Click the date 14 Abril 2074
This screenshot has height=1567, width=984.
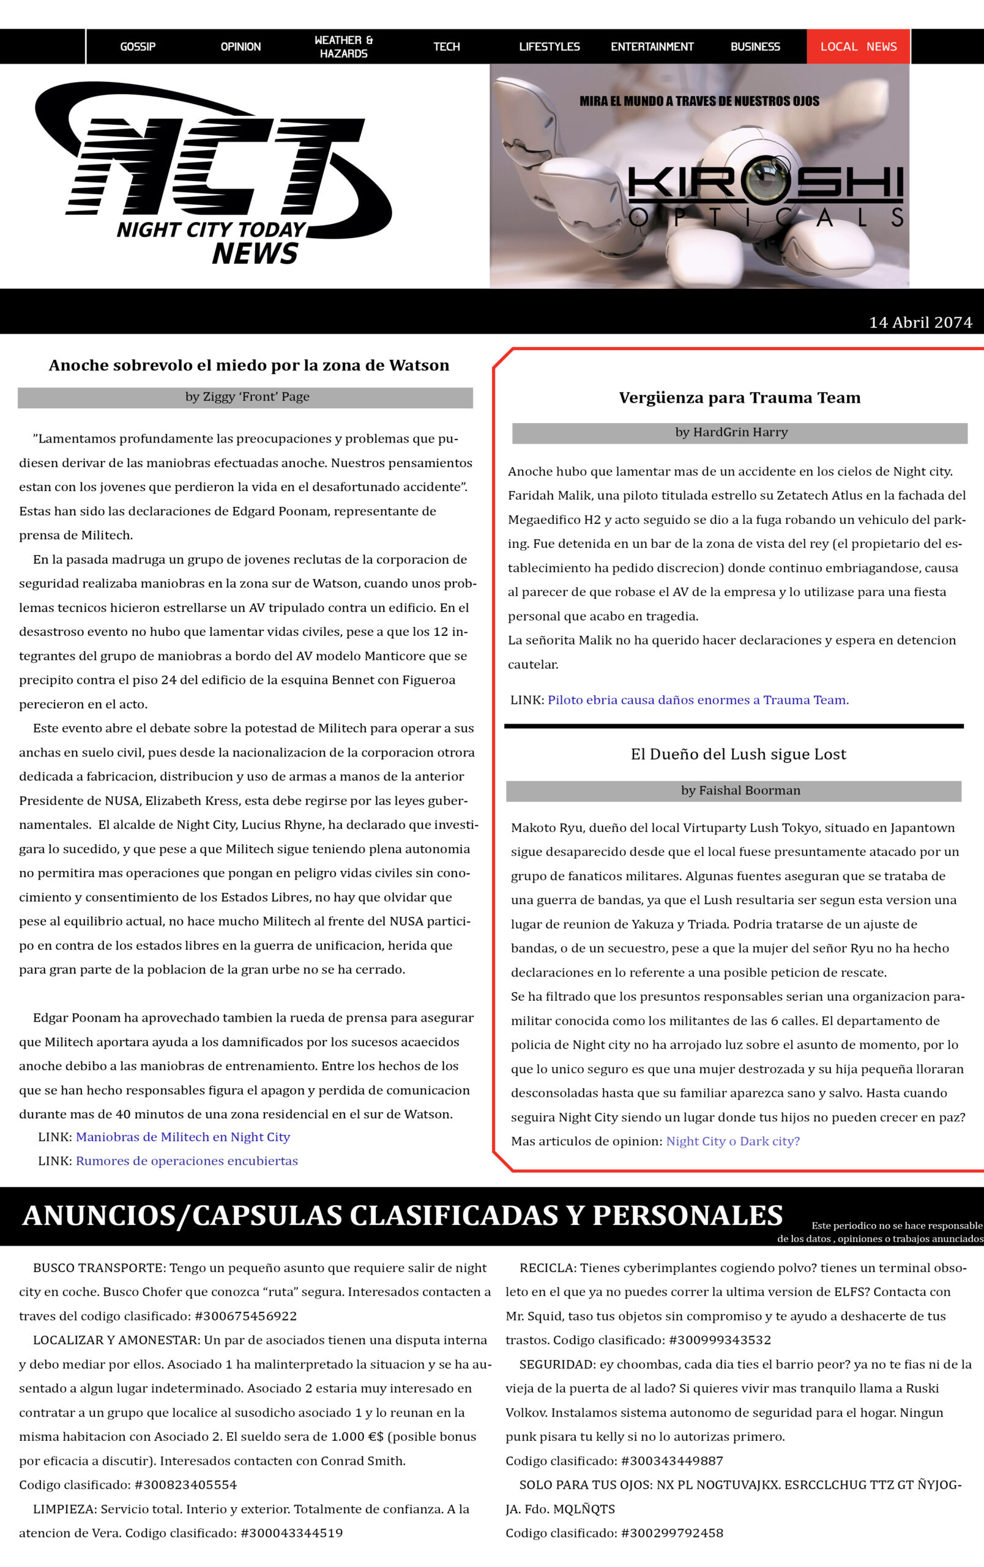coord(920,323)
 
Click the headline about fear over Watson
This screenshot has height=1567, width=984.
coord(248,365)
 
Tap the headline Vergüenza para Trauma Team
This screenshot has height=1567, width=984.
coord(739,398)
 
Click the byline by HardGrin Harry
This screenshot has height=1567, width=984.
coord(731,433)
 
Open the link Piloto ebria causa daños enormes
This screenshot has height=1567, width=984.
coord(698,700)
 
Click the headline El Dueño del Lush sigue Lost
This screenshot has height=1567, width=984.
coord(738,754)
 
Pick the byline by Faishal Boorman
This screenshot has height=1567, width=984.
coord(740,791)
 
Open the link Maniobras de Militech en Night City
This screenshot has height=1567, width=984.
coord(183,1137)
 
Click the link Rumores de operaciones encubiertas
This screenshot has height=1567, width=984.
coord(187,1161)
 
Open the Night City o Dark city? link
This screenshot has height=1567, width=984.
coord(733,1142)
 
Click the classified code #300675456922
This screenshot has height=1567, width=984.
coord(246,1317)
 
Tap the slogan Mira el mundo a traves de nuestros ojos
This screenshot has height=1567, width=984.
coord(699,102)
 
